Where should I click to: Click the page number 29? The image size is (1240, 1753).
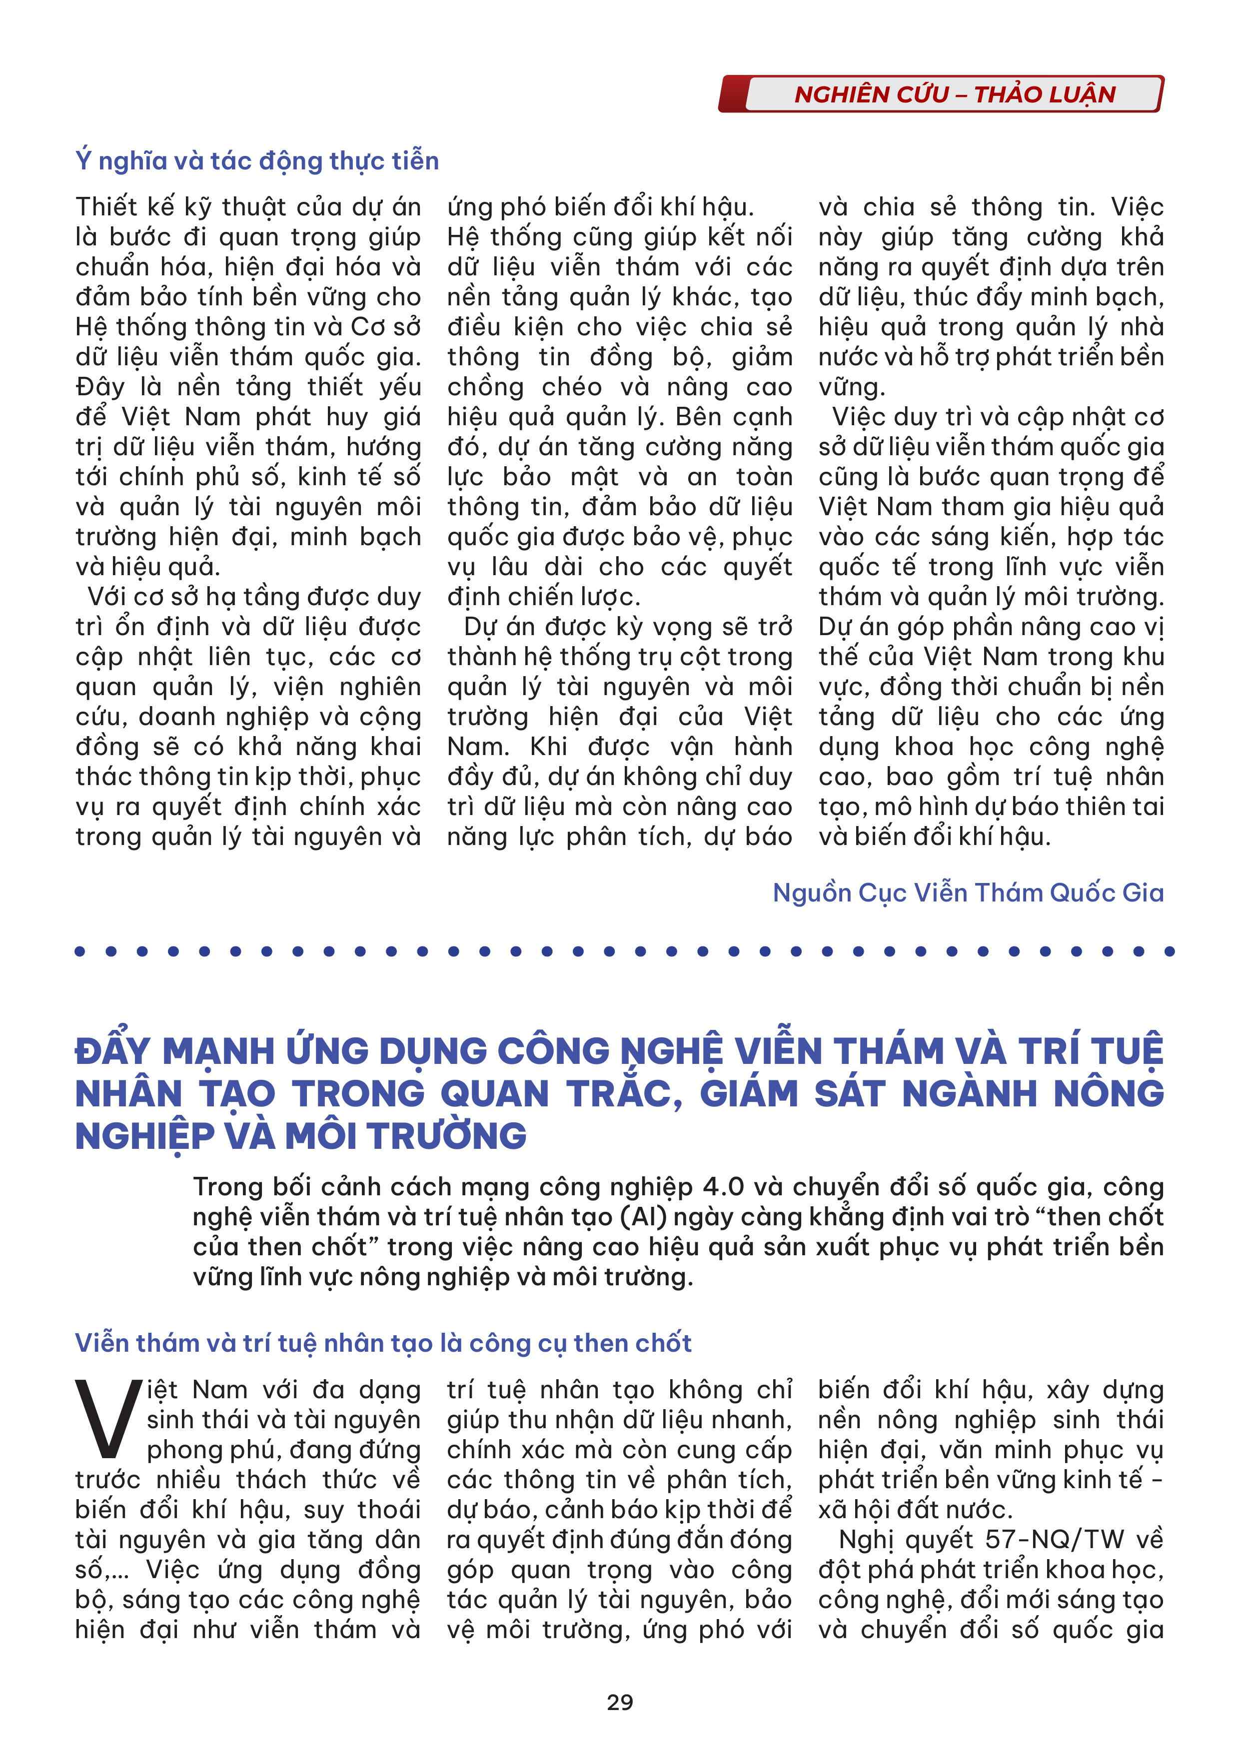(x=619, y=1702)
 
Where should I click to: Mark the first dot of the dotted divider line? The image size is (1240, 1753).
(x=80, y=951)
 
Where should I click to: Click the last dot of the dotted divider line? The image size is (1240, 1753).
(x=1169, y=951)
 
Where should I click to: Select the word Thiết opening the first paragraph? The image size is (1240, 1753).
(x=107, y=207)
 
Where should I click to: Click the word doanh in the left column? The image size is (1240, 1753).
(x=176, y=717)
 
